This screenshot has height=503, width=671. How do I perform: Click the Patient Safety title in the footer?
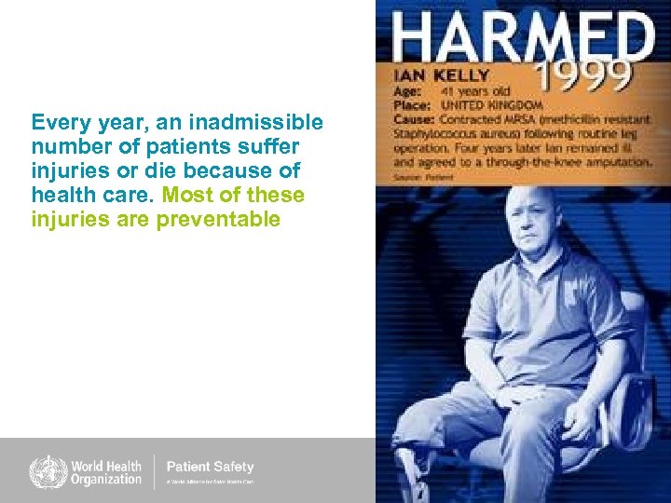(210, 467)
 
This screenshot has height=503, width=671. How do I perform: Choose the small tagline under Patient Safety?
(210, 483)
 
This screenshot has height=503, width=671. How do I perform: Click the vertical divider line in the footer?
(154, 472)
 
